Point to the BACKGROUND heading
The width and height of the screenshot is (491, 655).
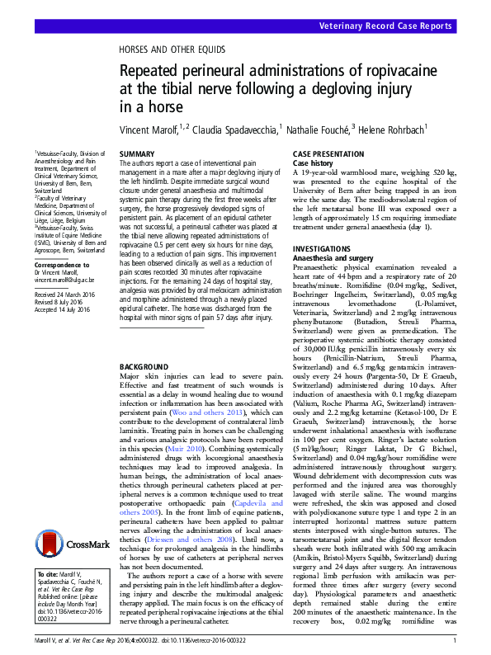tap(144, 365)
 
